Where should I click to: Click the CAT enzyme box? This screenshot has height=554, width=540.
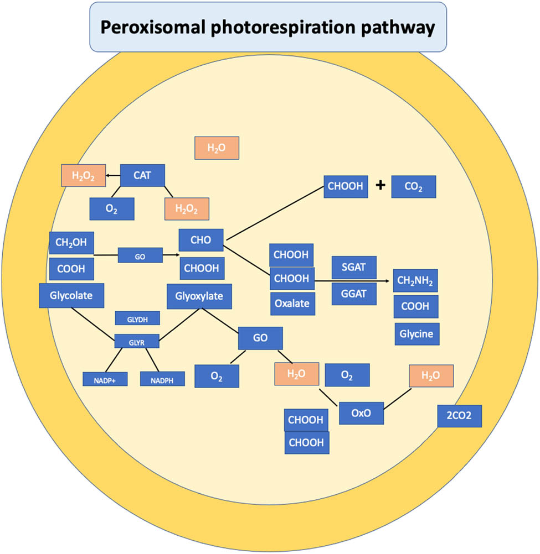click(142, 176)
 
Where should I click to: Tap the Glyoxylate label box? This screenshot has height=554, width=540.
click(199, 296)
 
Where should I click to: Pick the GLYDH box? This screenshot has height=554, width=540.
click(137, 318)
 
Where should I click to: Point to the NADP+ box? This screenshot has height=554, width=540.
click(105, 379)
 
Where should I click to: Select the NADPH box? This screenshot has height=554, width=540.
click(162, 379)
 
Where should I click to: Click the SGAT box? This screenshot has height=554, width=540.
click(354, 268)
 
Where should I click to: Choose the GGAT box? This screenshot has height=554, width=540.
click(354, 294)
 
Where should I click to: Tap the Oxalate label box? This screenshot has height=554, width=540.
click(292, 303)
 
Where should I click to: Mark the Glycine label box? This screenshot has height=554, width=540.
click(416, 334)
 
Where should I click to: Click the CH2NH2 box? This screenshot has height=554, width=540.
click(416, 281)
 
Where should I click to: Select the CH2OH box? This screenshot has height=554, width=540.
click(71, 242)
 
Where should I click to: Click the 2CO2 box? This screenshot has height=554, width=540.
click(459, 416)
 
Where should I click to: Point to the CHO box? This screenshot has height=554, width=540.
click(201, 240)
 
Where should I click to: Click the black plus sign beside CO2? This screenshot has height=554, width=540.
click(380, 186)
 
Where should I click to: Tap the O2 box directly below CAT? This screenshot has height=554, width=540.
click(112, 208)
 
